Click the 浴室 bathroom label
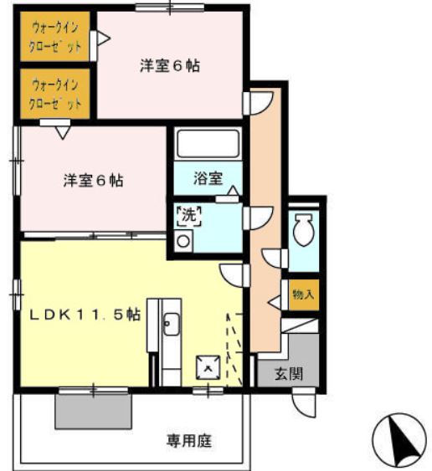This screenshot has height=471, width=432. point(208,177)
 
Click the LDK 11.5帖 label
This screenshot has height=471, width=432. point(85,315)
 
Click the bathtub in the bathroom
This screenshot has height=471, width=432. point(208,145)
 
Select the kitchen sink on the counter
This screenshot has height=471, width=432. point(170,323)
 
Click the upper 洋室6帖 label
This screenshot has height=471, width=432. point(168,66)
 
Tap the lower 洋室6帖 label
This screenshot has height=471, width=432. point(93,180)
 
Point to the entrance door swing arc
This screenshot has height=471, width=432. point(304,405)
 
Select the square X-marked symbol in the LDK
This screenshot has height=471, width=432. point(206,366)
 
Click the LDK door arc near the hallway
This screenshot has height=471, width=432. point(233,274)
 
